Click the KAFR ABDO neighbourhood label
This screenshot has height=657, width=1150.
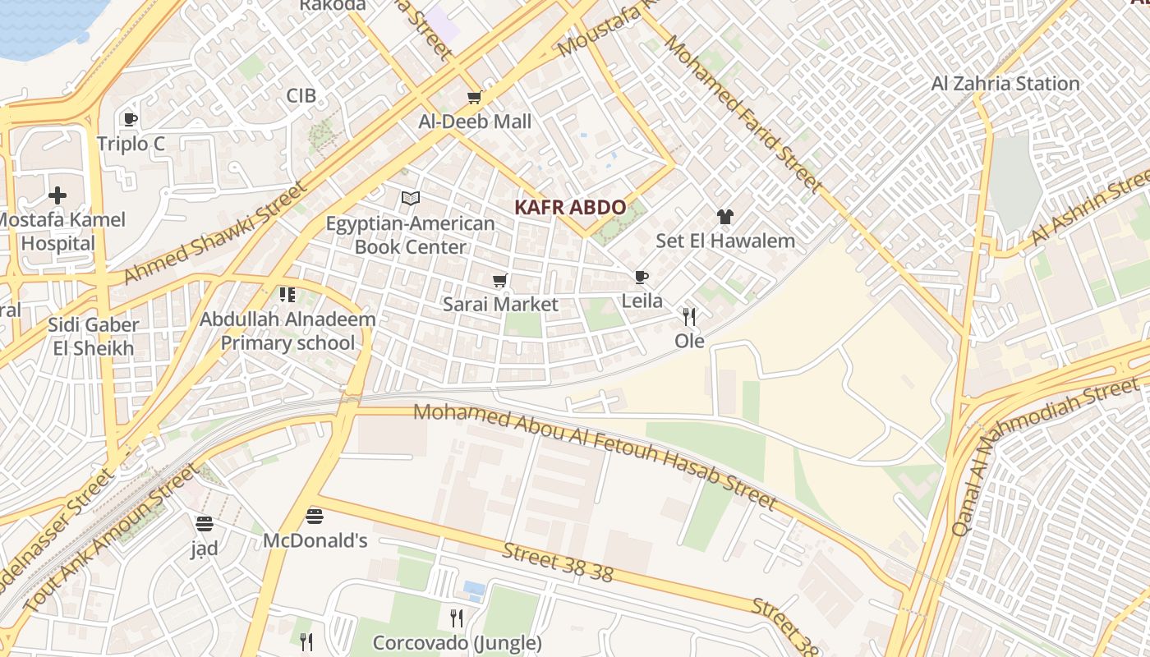[570, 207]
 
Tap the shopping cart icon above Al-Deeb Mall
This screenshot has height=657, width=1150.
[474, 99]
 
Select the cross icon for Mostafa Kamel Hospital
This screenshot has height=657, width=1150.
[57, 195]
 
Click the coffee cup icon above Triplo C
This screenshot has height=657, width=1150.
[130, 120]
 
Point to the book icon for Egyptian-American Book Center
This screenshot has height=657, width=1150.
[411, 199]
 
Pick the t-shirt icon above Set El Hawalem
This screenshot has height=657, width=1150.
[724, 217]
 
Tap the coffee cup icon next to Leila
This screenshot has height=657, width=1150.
[642, 277]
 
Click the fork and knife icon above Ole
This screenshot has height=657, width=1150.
[689, 316]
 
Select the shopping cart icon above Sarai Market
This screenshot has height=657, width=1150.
[499, 281]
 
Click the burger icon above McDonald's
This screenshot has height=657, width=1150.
[315, 517]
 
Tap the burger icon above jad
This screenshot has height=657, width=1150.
[205, 523]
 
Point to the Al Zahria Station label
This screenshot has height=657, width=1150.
[1005, 84]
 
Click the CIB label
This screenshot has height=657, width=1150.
[301, 96]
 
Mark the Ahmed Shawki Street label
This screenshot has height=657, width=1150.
[214, 232]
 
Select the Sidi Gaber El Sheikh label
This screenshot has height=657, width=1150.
[94, 336]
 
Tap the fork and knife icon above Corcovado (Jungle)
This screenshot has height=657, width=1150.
[457, 618]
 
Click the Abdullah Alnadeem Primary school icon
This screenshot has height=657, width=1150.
[287, 294]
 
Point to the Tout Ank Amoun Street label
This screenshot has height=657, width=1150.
[111, 538]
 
